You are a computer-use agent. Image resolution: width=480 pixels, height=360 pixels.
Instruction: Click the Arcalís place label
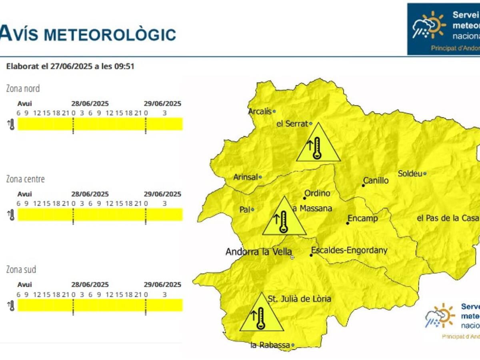click(260, 112)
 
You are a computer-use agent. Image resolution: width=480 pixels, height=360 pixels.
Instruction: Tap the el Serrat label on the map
click(292, 124)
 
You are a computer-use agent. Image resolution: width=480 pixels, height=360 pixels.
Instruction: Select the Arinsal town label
click(246, 177)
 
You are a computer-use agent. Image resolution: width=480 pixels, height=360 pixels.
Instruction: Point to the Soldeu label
click(410, 174)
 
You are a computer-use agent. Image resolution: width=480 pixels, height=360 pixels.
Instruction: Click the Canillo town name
click(376, 181)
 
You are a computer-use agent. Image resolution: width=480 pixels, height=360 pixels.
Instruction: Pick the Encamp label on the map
click(363, 218)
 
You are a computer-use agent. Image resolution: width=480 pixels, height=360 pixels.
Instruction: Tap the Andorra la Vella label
click(258, 252)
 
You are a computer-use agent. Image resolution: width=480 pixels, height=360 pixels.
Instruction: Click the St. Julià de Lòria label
click(299, 299)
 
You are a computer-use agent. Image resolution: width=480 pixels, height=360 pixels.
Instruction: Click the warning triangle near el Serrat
click(318, 144)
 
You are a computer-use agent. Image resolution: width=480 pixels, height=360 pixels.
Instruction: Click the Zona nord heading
click(23, 88)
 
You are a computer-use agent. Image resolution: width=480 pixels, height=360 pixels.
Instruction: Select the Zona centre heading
click(25, 179)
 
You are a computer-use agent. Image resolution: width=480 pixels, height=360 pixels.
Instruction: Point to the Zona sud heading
click(21, 270)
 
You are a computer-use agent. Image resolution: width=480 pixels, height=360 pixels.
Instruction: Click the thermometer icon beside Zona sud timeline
click(11, 306)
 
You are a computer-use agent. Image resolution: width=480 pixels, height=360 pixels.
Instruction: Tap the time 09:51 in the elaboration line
click(124, 66)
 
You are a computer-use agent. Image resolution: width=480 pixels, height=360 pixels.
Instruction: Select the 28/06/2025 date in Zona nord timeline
click(90, 104)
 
